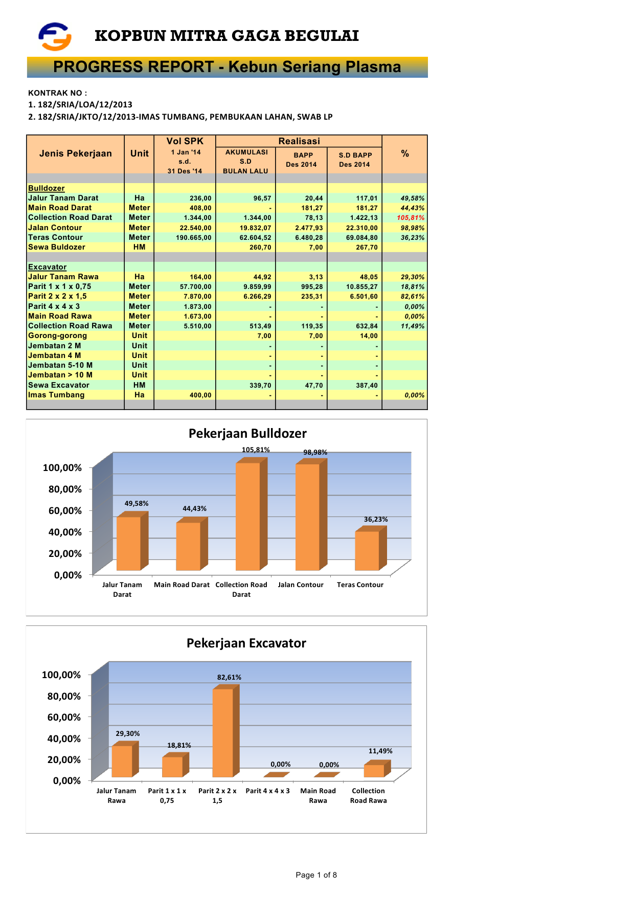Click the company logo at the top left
[x=55, y=36]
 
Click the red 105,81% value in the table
[x=411, y=218]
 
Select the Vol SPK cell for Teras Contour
[x=193, y=238]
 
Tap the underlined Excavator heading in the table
[x=47, y=267]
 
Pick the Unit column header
[x=139, y=153]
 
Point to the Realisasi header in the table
[x=299, y=141]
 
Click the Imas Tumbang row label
[x=56, y=395]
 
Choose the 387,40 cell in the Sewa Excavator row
[x=367, y=386]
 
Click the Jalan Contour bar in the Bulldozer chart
[x=307, y=517]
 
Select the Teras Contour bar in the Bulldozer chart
[x=367, y=551]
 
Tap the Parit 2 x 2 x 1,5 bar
[x=223, y=732]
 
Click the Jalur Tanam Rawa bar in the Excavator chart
[x=122, y=761]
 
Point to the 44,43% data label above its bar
[x=194, y=509]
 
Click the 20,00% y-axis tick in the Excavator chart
[x=64, y=759]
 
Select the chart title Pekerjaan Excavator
[x=246, y=643]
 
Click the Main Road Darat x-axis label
[x=182, y=585]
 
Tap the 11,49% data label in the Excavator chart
[x=380, y=751]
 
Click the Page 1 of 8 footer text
[x=316, y=875]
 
